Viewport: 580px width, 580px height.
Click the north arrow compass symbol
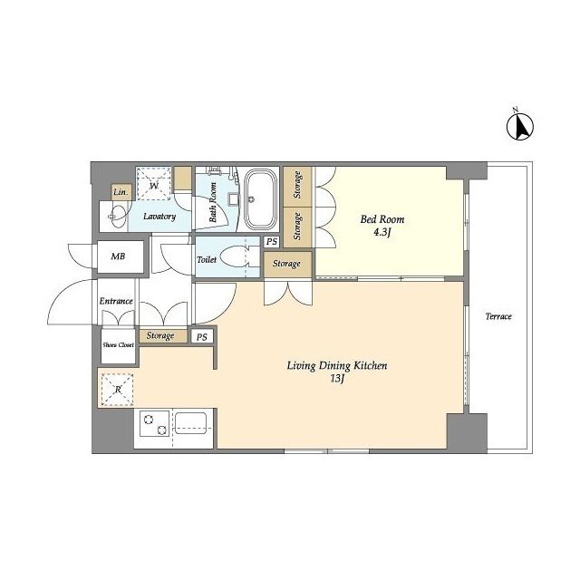click(519, 125)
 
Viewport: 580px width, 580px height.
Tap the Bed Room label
click(382, 219)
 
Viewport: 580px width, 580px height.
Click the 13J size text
click(337, 379)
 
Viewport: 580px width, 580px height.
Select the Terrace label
click(498, 316)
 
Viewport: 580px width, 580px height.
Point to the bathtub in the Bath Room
click(260, 199)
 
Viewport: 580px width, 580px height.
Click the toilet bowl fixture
click(235, 256)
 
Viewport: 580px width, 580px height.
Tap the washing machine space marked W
click(154, 183)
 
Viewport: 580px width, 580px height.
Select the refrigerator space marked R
click(117, 390)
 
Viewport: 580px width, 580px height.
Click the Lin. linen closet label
click(121, 192)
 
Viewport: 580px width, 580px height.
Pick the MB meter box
click(120, 256)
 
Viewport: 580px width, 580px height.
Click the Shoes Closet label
click(118, 344)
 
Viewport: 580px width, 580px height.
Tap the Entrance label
click(116, 301)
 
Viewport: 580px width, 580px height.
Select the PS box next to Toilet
click(272, 242)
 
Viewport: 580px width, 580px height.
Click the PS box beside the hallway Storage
click(201, 337)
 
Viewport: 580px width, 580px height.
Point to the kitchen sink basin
click(190, 423)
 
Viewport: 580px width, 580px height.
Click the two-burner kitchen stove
click(155, 423)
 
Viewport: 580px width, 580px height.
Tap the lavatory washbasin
click(118, 217)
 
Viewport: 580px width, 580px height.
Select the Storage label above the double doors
click(286, 264)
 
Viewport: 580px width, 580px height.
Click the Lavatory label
click(159, 217)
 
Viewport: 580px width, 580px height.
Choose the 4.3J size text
click(382, 233)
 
